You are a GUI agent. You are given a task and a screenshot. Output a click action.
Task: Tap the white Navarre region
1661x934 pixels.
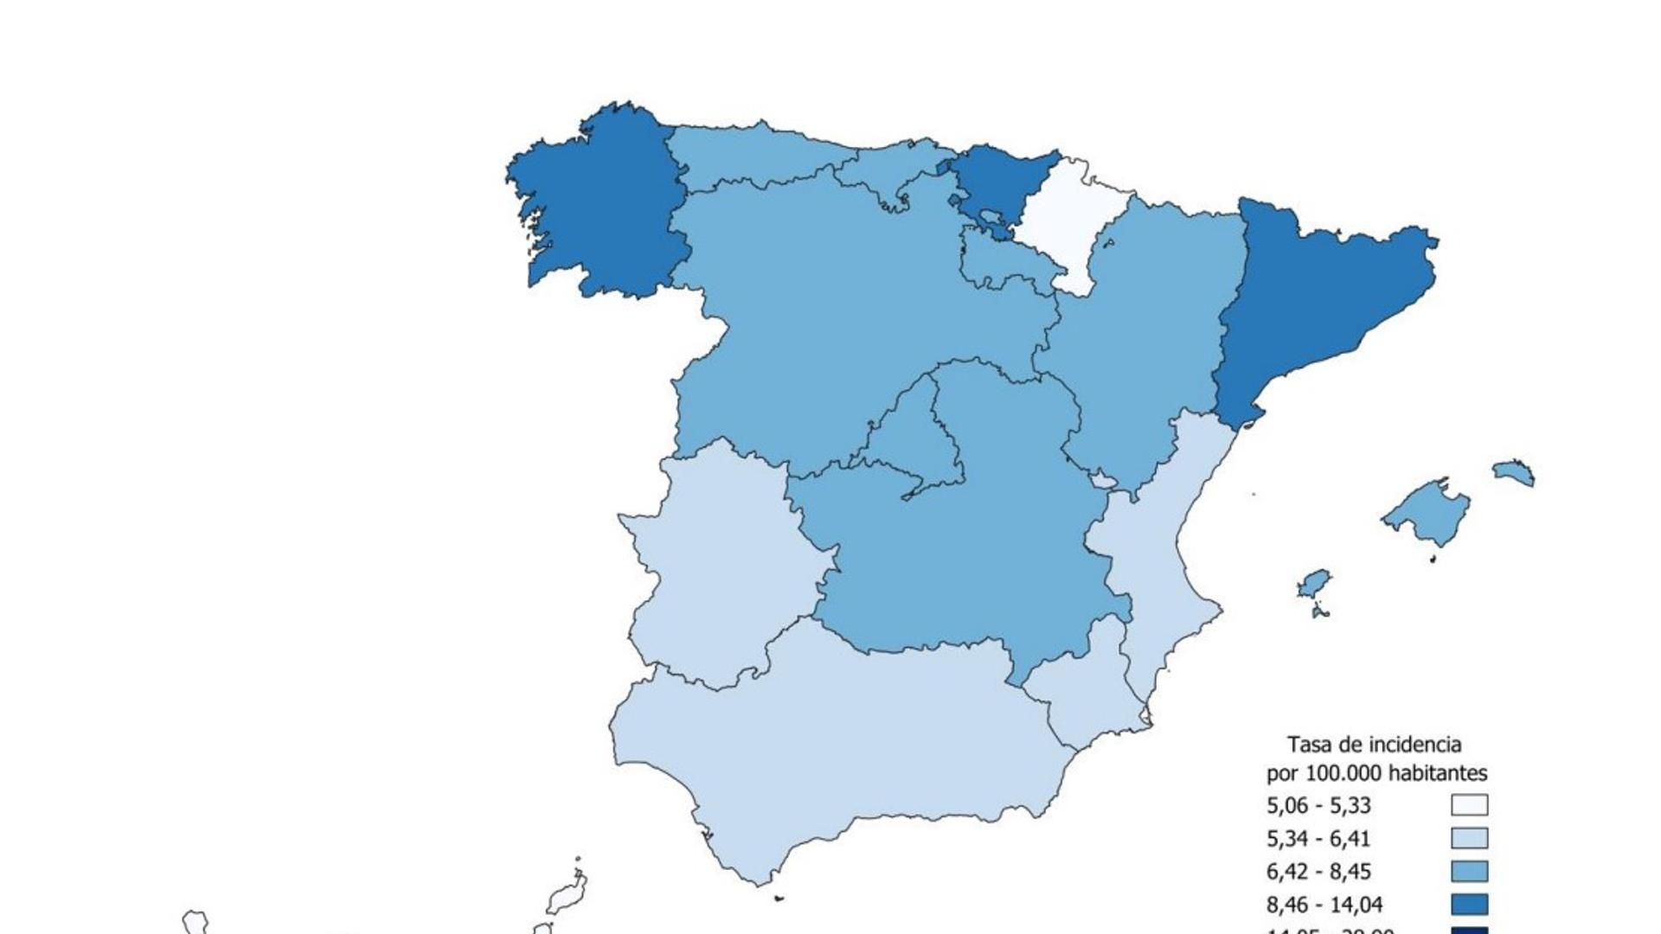pyautogui.click(x=1073, y=216)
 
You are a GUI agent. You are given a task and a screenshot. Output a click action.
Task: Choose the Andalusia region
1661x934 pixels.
pyautogui.click(x=830, y=744)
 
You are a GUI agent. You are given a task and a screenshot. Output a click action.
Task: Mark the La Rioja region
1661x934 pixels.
pyautogui.click(x=1004, y=259)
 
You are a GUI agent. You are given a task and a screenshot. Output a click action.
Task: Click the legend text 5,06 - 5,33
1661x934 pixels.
pyautogui.click(x=1318, y=806)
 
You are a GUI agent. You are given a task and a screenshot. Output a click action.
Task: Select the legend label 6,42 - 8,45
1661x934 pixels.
pyautogui.click(x=1318, y=872)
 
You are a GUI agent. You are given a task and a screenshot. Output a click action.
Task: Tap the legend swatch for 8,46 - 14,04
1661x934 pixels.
pyautogui.click(x=1469, y=905)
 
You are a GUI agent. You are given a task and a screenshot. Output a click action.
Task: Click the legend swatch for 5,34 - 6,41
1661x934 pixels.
pyautogui.click(x=1469, y=839)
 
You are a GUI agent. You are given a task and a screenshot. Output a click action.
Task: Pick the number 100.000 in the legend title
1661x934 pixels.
pyautogui.click(x=1344, y=773)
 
